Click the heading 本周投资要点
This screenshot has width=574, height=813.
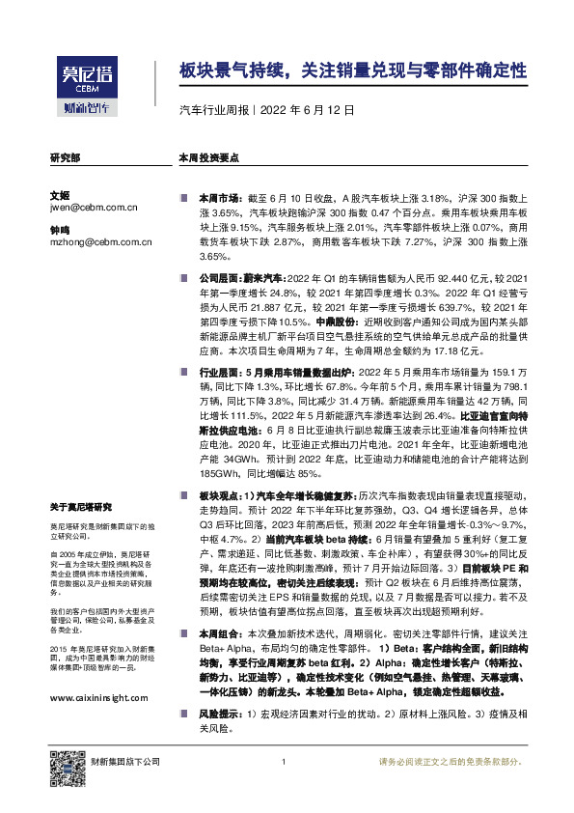tap(207, 156)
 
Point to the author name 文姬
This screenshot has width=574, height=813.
tap(60, 194)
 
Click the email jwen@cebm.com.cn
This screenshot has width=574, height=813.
tap(93, 207)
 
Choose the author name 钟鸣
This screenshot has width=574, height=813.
tap(60, 231)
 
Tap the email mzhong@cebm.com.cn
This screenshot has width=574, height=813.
tap(98, 243)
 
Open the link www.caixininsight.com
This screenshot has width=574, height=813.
tap(97, 698)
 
